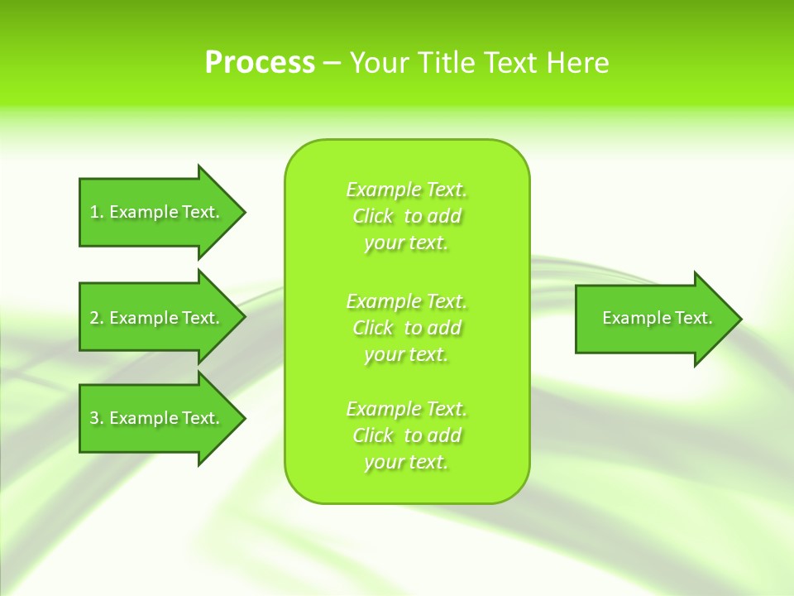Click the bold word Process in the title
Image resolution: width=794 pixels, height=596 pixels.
pyautogui.click(x=260, y=63)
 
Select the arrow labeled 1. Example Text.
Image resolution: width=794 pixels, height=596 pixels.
pyautogui.click(x=157, y=212)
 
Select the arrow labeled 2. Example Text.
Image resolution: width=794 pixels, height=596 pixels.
pyautogui.click(x=157, y=318)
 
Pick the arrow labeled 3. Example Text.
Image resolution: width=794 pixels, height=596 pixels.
pyautogui.click(x=157, y=418)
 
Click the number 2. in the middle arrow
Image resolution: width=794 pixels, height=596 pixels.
pyautogui.click(x=96, y=318)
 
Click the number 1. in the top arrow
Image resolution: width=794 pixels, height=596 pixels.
pyautogui.click(x=96, y=212)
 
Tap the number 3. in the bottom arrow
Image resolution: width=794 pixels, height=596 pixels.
pyautogui.click(x=96, y=418)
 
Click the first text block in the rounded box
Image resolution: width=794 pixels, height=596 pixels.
pyautogui.click(x=406, y=216)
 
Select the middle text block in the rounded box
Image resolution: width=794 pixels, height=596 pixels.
pyautogui.click(x=406, y=328)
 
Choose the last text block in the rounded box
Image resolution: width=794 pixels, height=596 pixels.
pyautogui.click(x=406, y=435)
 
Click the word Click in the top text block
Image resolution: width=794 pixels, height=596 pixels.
pyautogui.click(x=373, y=216)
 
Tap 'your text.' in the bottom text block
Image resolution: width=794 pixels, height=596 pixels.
pyautogui.click(x=406, y=462)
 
